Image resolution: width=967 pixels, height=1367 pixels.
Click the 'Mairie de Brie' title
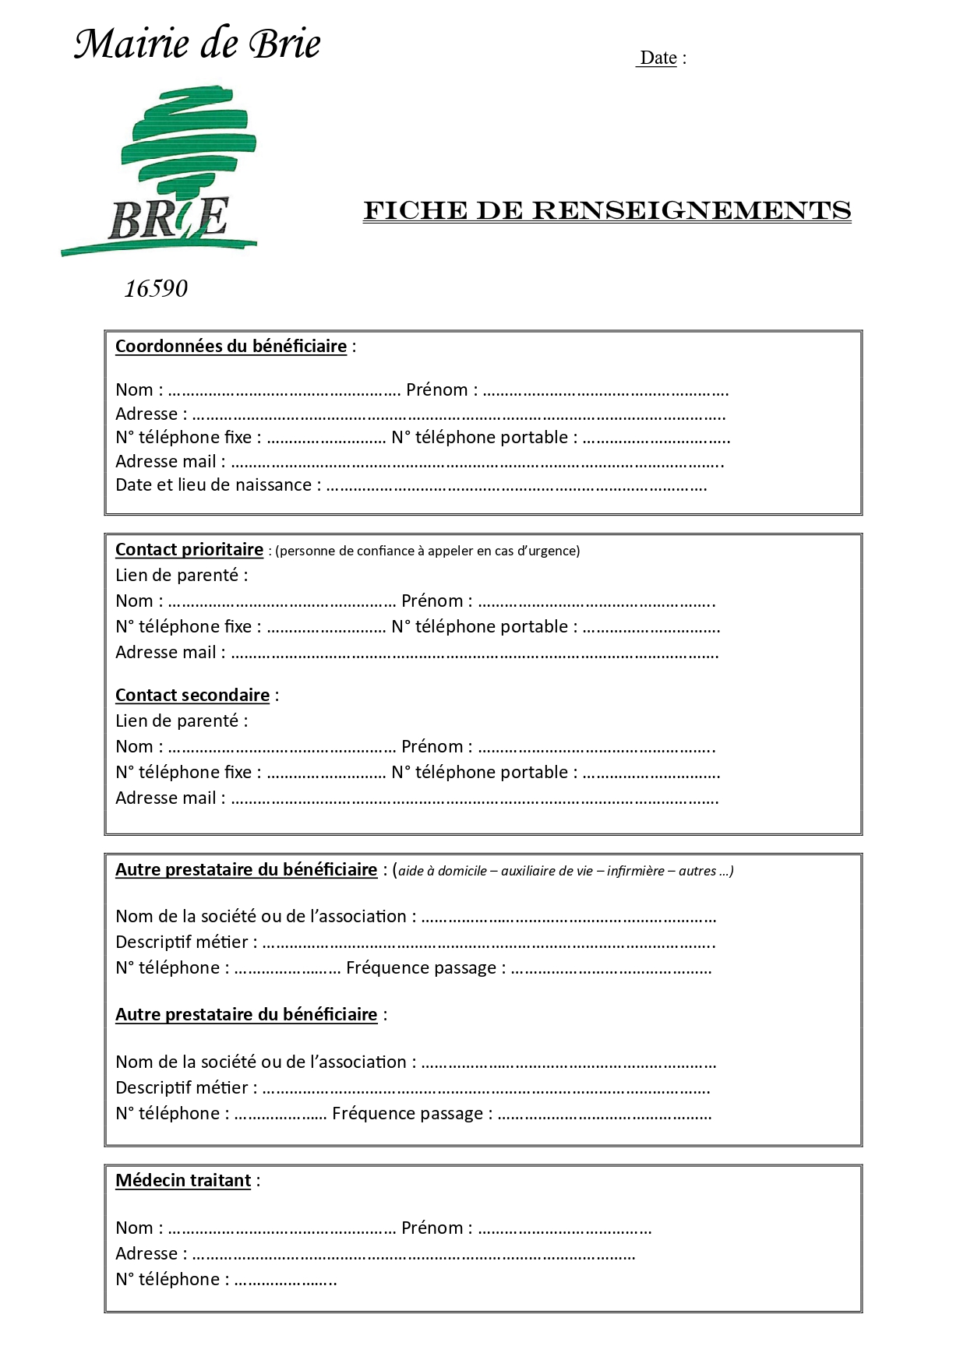(197, 44)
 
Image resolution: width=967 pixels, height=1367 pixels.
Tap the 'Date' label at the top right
(658, 58)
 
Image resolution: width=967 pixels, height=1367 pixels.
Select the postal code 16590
(156, 289)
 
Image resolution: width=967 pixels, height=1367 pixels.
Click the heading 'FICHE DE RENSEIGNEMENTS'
(607, 211)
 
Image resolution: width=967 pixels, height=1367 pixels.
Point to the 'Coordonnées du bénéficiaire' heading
(231, 347)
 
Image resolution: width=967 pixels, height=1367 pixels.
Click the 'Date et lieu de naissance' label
(214, 485)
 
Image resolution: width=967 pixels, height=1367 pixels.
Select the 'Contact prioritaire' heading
(189, 550)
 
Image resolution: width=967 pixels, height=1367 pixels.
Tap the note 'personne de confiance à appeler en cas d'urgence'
(428, 551)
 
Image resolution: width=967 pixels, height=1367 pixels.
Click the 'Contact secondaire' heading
(192, 696)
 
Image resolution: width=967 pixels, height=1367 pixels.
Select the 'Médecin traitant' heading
(183, 1181)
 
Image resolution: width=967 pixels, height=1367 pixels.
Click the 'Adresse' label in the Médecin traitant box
(146, 1254)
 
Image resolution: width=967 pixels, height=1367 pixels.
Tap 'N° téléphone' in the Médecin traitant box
(168, 1280)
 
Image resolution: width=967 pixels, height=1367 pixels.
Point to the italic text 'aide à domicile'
(443, 872)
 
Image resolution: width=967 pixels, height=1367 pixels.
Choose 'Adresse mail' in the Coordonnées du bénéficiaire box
(166, 462)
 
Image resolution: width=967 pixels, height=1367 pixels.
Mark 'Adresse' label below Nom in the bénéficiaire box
(146, 414)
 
